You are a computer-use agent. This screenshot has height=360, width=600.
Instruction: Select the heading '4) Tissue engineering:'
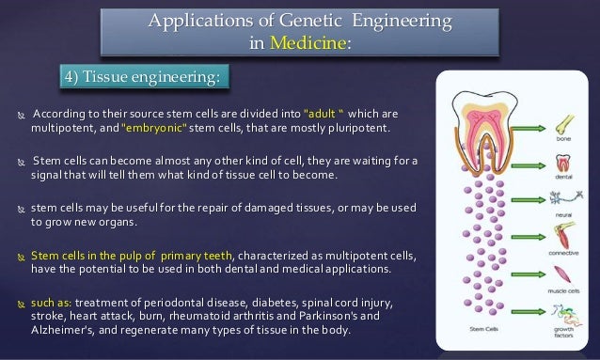tap(141, 76)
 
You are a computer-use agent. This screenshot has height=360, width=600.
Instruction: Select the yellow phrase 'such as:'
tap(51, 305)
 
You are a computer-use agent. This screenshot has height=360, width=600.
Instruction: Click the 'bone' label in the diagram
tap(562, 136)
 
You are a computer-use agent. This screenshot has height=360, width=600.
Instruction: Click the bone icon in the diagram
tap(561, 119)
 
